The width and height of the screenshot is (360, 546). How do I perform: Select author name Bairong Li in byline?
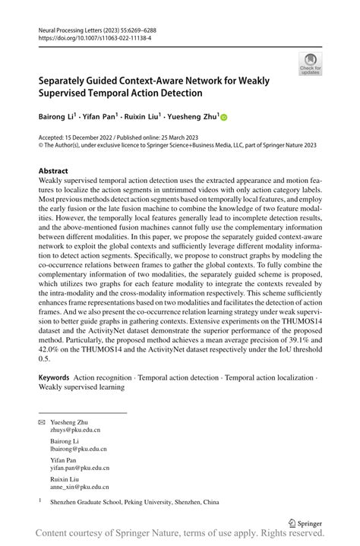click(x=58, y=117)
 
